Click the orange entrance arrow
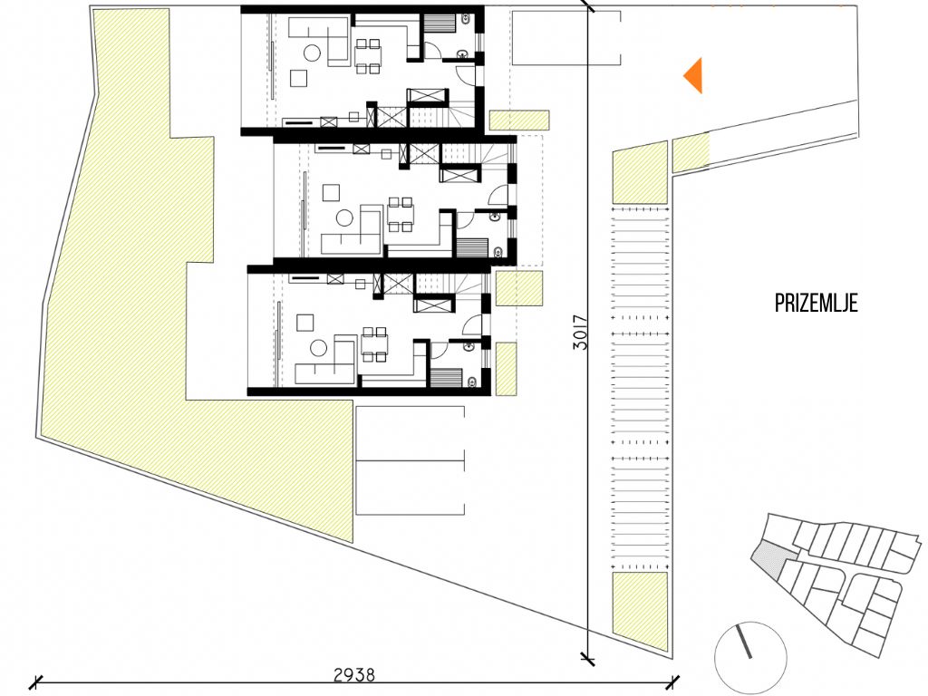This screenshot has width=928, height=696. coord(695,76)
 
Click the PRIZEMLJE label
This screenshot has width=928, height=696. coord(817,303)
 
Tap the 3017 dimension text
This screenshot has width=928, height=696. coord(581,332)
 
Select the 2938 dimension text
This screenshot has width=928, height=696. coord(354,674)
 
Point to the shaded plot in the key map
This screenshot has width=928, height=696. coord(773,558)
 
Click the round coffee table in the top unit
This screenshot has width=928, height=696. coord(312,53)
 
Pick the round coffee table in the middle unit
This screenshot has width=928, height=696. coord(344,218)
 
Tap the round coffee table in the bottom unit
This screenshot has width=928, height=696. coord(318,348)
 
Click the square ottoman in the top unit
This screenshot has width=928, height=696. coord(298,78)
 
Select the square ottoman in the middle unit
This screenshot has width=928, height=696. coord(331,193)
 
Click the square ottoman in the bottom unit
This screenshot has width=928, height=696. coord(305,322)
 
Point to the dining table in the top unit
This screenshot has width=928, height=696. coord(368,56)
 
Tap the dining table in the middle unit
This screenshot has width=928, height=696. coord(400,215)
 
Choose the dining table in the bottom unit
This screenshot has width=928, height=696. coord(374,343)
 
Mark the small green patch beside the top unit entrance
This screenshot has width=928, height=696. coord(519,121)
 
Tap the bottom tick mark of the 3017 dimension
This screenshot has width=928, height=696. coord(587,657)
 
